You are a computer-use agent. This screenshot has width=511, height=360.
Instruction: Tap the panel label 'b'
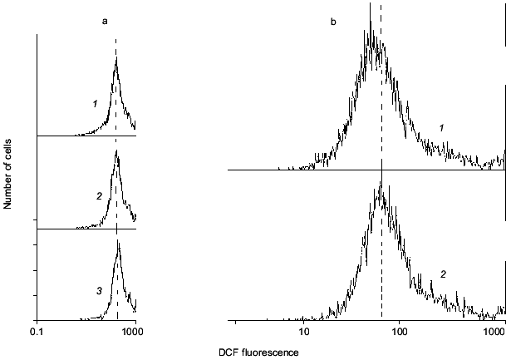pos(333,20)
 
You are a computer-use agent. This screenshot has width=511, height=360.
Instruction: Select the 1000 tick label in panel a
pos(134,333)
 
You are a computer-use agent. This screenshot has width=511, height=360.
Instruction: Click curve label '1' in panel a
pos(96,103)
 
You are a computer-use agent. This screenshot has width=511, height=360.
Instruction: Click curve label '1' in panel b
pos(442,127)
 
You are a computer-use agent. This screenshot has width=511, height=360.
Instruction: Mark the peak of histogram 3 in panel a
pos(118,240)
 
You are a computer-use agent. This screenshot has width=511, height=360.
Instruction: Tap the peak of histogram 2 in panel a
pos(117,148)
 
